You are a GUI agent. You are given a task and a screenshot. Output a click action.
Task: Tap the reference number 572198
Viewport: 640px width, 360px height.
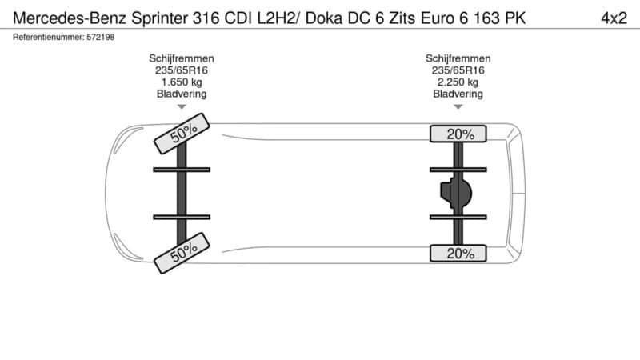point(102,38)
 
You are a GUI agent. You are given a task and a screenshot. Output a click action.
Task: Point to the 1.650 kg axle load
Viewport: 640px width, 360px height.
point(182,82)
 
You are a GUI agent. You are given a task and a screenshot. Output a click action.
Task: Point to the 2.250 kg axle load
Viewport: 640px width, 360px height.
point(458,82)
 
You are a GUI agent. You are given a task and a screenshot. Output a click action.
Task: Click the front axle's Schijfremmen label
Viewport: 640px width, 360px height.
point(182,58)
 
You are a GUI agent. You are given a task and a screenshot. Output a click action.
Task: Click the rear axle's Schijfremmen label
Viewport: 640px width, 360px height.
point(458,58)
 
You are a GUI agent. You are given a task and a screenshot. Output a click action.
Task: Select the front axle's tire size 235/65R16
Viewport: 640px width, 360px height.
point(182,70)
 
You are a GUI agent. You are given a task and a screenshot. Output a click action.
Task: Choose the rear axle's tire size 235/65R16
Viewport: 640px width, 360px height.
point(458,70)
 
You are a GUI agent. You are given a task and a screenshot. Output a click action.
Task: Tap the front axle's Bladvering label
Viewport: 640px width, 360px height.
point(182,94)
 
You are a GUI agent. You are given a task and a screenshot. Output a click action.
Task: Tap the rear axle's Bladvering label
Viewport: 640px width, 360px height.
point(458,94)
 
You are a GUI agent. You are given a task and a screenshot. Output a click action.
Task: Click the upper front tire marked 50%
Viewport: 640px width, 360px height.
point(181,132)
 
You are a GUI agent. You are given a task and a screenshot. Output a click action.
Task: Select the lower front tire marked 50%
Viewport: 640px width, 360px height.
point(181,254)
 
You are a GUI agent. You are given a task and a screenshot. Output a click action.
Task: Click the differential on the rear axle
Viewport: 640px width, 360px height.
point(456,193)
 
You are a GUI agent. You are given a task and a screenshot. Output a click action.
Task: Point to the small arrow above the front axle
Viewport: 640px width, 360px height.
point(182,106)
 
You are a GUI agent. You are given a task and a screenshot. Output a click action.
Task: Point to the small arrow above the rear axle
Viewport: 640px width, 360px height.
point(458,106)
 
